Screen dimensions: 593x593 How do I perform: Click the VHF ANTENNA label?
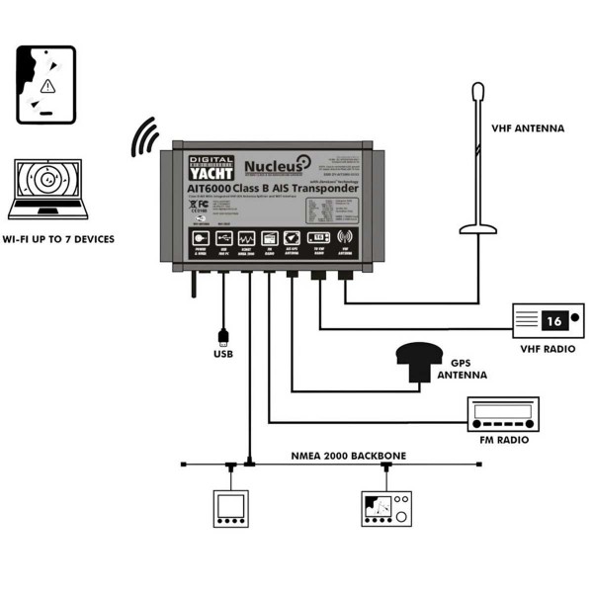pyautogui.click(x=529, y=128)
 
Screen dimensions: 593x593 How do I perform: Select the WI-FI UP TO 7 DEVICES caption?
pyautogui.click(x=58, y=239)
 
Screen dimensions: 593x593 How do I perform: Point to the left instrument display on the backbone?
pyautogui.click(x=229, y=507)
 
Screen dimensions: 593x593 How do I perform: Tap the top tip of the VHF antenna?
pyautogui.click(x=479, y=91)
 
